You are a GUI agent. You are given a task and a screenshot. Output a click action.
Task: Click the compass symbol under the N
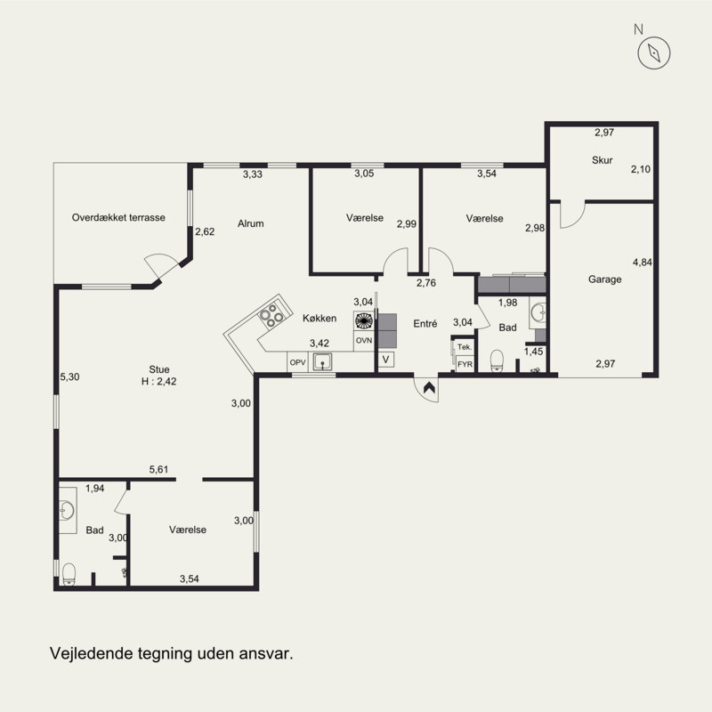point(654,53)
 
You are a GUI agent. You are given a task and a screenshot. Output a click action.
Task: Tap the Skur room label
point(603,160)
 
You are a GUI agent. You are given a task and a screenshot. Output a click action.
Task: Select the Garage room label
point(604,279)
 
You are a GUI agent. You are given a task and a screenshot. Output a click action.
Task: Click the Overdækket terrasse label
point(118,217)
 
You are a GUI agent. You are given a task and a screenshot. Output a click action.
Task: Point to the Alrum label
point(251,223)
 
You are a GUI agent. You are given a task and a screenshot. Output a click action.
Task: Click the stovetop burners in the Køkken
point(271,315)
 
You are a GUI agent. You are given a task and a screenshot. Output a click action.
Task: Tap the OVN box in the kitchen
point(364,340)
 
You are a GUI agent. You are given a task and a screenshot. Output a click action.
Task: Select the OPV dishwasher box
point(297,362)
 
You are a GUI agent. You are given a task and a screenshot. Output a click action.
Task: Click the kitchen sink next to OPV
point(322,362)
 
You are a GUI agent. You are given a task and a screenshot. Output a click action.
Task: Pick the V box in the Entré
point(386,360)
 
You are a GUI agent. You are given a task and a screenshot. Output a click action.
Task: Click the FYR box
point(465,364)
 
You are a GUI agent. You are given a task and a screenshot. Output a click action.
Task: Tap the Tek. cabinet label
point(464,347)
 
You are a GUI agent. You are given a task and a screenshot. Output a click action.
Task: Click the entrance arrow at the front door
point(429,387)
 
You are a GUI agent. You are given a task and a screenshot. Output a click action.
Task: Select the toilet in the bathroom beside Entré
point(498,361)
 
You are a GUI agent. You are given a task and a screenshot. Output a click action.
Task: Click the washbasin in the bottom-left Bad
point(67,510)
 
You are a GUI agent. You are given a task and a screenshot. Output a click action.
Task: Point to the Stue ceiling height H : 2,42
point(159,382)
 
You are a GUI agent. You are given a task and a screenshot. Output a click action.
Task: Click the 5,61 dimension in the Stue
point(158,470)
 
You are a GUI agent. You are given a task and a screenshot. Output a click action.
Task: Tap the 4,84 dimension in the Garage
point(642,262)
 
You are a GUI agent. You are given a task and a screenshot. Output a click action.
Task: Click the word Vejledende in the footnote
point(87,654)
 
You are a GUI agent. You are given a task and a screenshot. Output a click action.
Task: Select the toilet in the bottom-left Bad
point(69,574)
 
